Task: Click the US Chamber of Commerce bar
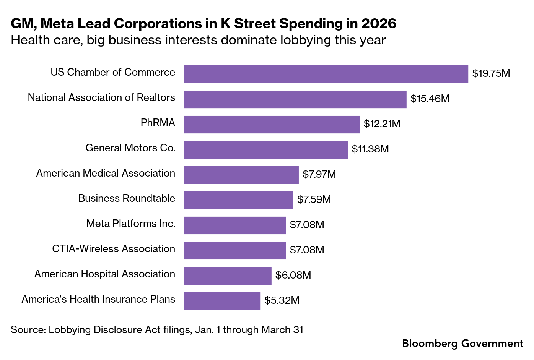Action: [326, 74]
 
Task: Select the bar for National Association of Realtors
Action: [295, 99]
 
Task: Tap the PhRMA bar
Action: [272, 125]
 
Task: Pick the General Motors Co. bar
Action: [266, 150]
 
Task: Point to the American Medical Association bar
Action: [241, 175]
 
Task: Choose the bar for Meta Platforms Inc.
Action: [234, 225]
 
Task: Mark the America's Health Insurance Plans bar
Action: [222, 301]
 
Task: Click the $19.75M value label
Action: [491, 73]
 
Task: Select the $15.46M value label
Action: [430, 99]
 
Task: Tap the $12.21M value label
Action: [382, 124]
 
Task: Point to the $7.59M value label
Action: [314, 199]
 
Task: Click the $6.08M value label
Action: [293, 275]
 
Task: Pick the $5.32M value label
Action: [282, 300]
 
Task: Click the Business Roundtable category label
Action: [127, 198]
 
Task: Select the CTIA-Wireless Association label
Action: [114, 249]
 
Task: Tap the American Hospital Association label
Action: [105, 274]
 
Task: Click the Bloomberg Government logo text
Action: [462, 343]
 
